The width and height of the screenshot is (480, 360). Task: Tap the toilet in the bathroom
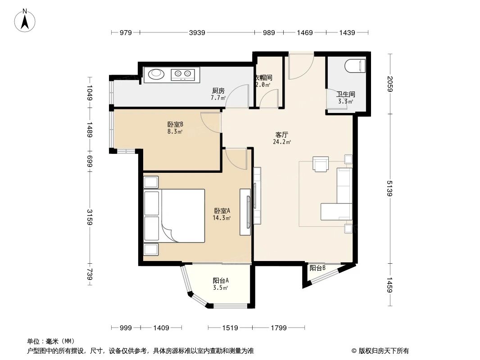pos(356,67)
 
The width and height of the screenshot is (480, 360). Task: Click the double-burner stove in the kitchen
pos(184,73)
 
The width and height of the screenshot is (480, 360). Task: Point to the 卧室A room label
pos(222,211)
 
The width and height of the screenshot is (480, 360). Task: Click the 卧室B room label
pos(175,125)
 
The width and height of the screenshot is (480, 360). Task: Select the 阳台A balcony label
pos(221,280)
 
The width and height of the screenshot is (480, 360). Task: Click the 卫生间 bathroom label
pos(346,94)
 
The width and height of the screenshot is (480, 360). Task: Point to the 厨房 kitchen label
pos(218,90)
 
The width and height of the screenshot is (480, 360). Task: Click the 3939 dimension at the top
pos(197,32)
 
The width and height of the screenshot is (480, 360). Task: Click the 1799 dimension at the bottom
pos(278,328)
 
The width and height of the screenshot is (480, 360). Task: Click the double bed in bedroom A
pos(174,216)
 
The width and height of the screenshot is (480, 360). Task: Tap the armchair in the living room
pos(322,164)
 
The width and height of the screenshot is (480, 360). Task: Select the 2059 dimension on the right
pos(390,84)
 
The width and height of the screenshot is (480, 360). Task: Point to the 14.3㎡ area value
pos(222,218)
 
